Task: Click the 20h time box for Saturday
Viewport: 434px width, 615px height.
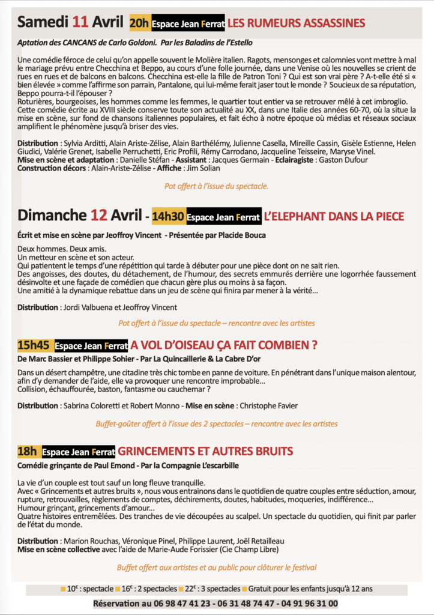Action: (x=140, y=23)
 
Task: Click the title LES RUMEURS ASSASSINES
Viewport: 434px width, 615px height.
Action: (x=296, y=23)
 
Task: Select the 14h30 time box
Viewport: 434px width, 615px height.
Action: (x=168, y=216)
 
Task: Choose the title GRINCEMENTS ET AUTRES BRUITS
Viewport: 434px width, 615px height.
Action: (x=205, y=451)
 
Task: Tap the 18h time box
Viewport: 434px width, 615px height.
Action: (x=28, y=451)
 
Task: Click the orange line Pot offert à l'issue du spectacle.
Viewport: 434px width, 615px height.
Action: (x=217, y=186)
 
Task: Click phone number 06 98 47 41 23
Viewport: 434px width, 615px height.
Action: (x=180, y=604)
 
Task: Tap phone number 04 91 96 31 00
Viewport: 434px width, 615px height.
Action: (x=308, y=604)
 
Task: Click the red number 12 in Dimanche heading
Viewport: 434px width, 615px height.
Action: (x=99, y=216)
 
